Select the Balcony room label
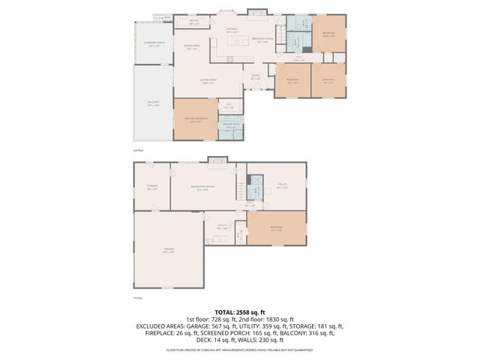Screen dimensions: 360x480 [153, 104]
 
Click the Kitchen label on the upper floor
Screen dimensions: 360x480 [232, 31]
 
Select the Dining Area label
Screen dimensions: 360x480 [192, 47]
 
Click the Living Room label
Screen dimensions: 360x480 [208, 81]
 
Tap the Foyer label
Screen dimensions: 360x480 [256, 76]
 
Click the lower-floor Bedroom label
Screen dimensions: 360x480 [277, 229]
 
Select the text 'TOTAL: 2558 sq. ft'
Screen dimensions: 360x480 [239, 311]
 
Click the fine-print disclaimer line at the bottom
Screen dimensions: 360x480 [239, 349]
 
